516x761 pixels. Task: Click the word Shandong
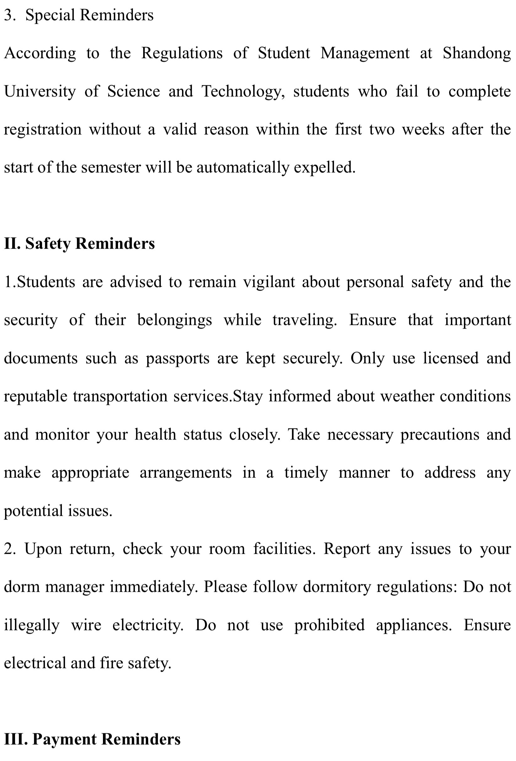(x=476, y=53)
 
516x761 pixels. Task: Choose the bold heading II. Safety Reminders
(x=79, y=244)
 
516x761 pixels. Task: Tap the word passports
(x=177, y=358)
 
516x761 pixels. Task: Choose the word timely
(x=306, y=473)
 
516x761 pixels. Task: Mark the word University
(x=40, y=92)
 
